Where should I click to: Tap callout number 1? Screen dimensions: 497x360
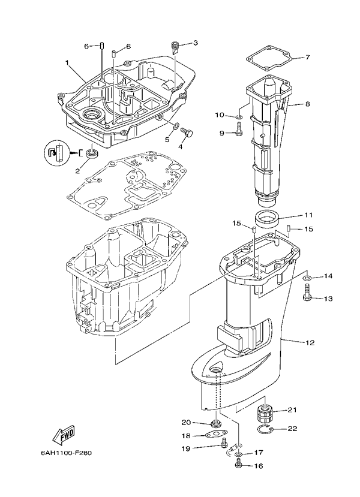coord(67,62)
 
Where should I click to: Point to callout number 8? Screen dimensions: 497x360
coord(307,104)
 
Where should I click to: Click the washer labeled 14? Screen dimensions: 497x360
coord(307,278)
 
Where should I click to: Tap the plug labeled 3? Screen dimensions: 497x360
coord(176,46)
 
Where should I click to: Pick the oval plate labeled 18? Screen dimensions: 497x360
coord(215,436)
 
